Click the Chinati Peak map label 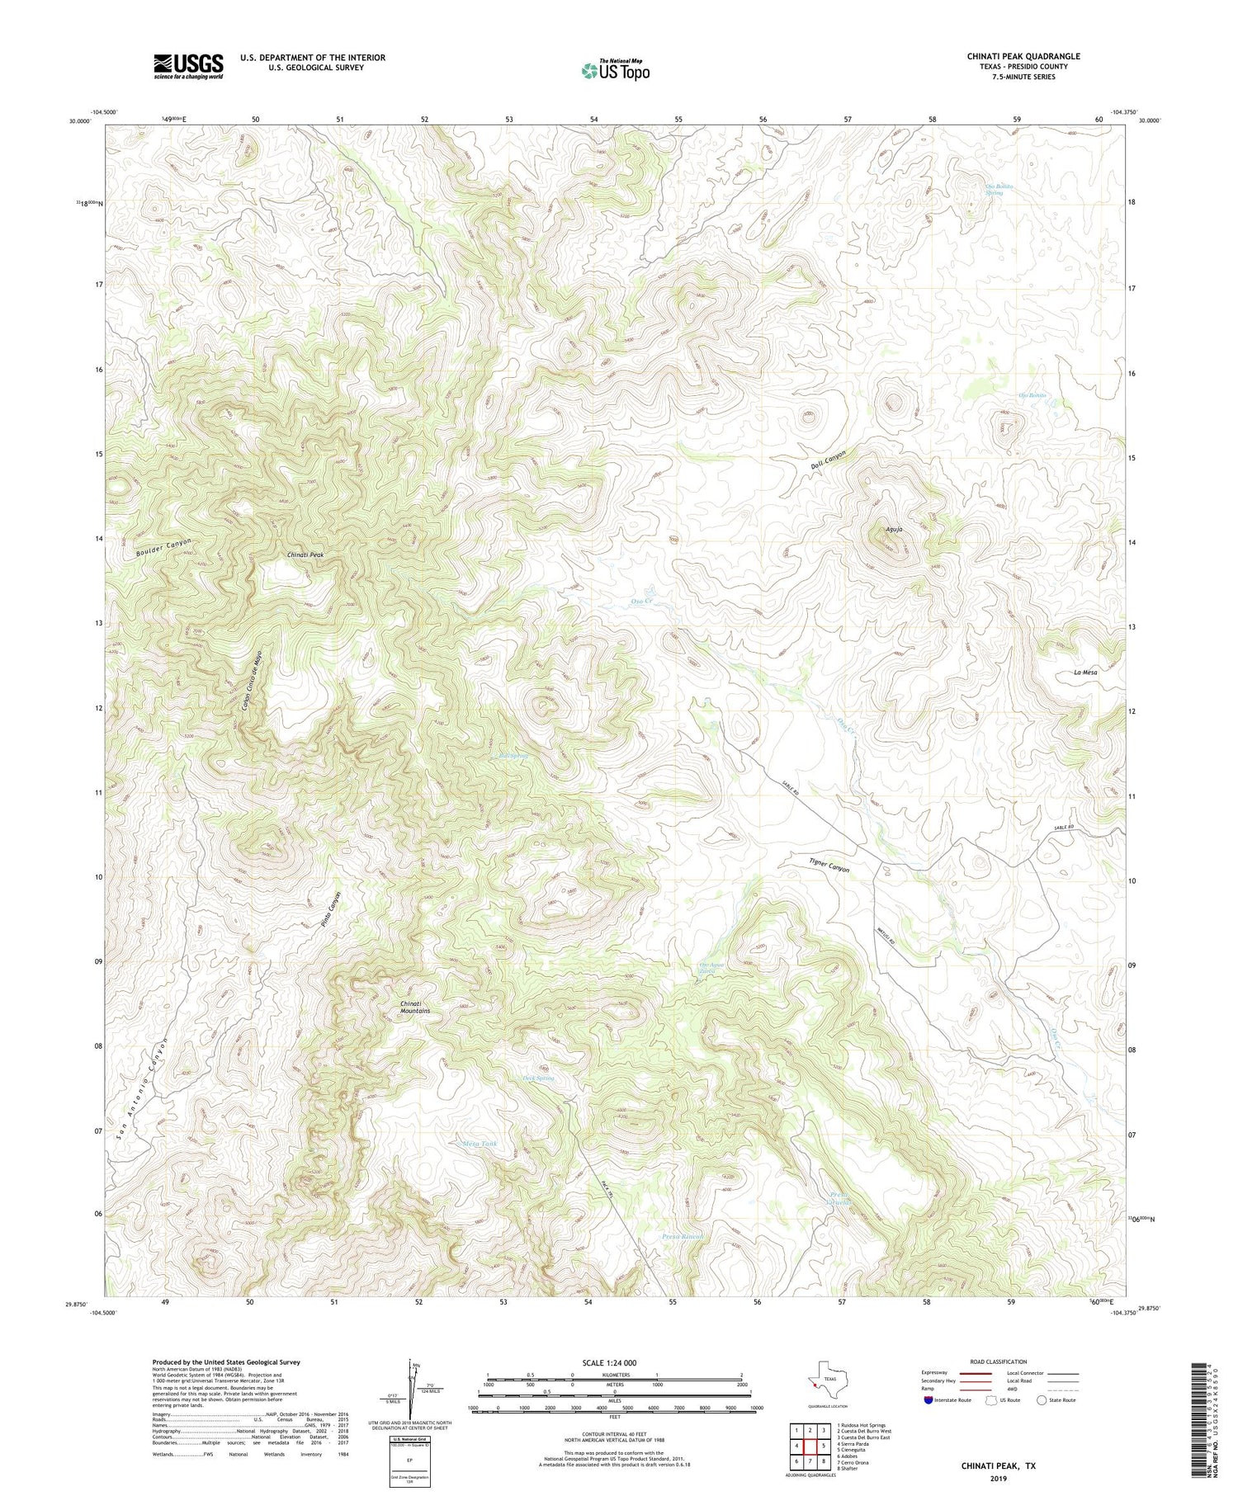pos(305,555)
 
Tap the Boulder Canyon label pos(163,550)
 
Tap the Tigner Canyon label pos(828,866)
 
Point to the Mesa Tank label pos(480,1144)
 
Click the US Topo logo pos(616,71)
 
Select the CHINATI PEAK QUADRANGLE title pos(1023,56)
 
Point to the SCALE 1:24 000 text pos(615,1362)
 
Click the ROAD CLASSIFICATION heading pos(999,1362)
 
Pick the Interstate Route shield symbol pos(931,1399)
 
